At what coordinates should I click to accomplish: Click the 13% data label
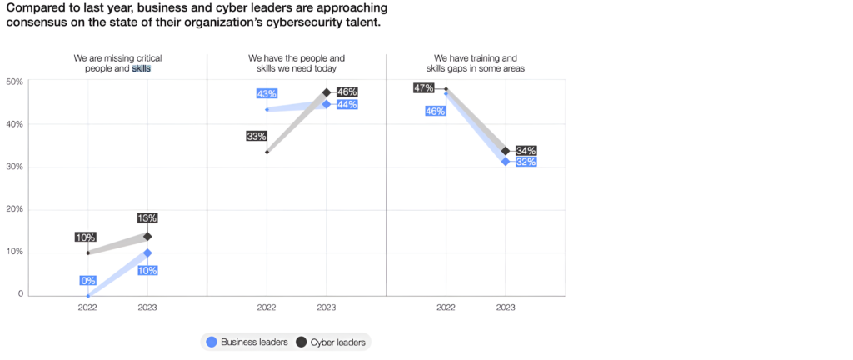coord(147,218)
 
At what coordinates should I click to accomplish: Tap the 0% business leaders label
coord(87,281)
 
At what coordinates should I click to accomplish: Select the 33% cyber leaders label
coord(256,136)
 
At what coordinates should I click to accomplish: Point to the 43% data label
coord(267,94)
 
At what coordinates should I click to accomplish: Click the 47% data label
coord(423,88)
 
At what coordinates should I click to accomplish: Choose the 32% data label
coord(526,162)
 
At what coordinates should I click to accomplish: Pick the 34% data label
coord(526,150)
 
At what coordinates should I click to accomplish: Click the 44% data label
coord(347,105)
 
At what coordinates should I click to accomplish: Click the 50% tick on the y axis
coord(15,82)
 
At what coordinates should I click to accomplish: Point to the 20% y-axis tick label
coord(15,209)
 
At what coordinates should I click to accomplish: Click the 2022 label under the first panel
coord(88,307)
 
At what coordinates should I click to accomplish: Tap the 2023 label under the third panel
coord(506,307)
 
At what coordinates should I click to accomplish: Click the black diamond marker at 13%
coord(147,237)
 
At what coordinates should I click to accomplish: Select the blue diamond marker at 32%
coord(506,161)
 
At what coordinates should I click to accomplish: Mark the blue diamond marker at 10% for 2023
coord(147,252)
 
